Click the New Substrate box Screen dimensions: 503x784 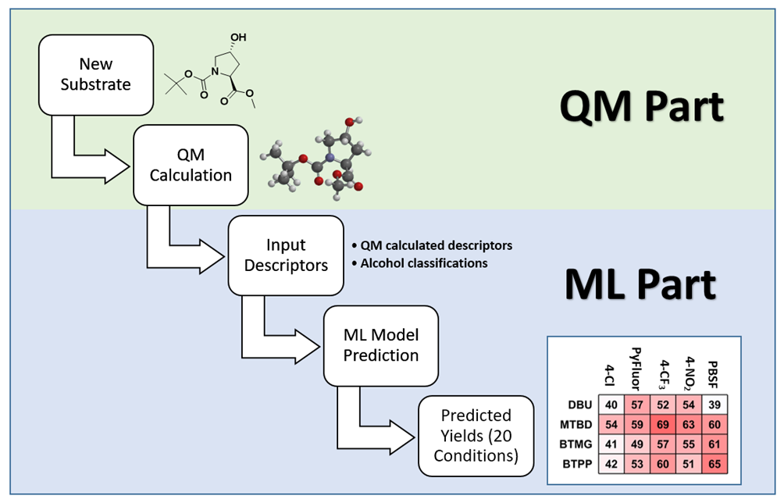pos(95,73)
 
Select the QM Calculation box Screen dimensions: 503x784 pos(191,165)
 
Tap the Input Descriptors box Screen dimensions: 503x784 pos(286,255)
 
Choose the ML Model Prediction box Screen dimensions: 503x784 pos(381,345)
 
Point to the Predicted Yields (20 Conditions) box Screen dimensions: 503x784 pos(476,436)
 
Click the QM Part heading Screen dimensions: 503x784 pos(641,107)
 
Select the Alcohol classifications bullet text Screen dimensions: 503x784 pos(423,263)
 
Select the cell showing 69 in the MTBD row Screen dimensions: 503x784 pos(663,426)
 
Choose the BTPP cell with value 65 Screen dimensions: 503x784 pos(714,465)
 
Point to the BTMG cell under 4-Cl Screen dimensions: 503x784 pos(611,445)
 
